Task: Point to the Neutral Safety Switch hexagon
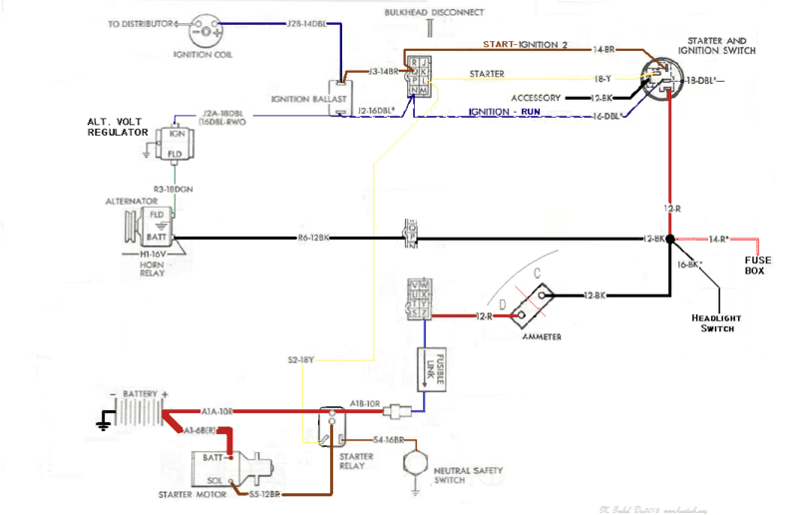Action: [412, 464]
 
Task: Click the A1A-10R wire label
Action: [218, 410]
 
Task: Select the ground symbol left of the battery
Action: [103, 423]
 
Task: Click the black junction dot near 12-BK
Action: [671, 240]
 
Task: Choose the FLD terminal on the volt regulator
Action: [176, 154]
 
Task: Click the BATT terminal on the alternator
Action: [158, 238]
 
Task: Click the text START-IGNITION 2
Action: [526, 45]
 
